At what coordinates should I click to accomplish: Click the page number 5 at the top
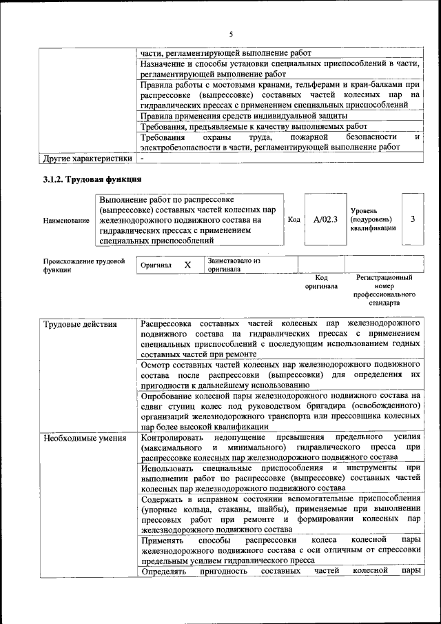(231, 34)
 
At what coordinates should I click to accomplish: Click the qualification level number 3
(412, 219)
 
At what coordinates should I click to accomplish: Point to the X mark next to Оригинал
(187, 265)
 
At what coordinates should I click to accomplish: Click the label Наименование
(66, 220)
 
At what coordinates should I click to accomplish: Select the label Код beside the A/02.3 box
(294, 219)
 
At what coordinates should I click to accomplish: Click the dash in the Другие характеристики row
(142, 159)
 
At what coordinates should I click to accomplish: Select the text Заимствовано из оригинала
(234, 265)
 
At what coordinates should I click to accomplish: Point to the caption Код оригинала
(321, 281)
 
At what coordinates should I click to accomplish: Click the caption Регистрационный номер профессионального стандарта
(384, 290)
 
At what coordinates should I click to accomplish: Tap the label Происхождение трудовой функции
(83, 265)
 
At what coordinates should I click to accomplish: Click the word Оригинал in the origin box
(156, 265)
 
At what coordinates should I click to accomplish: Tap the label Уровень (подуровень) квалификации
(373, 219)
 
